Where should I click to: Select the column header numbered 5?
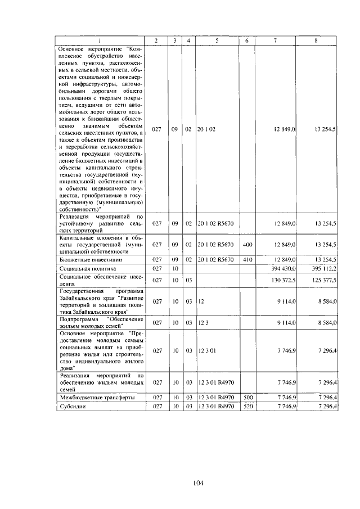pos(217,40)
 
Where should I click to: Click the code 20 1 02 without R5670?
pos(207,129)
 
